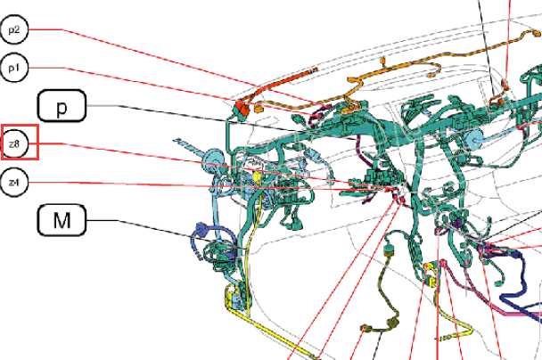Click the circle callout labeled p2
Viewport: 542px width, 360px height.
pos(14,29)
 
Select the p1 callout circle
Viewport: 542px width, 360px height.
pos(14,68)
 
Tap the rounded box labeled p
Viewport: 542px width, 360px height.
pos(62,106)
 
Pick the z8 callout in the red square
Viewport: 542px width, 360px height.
pos(14,143)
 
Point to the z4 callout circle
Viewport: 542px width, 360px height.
pos(14,182)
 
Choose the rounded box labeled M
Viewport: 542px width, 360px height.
pos(62,220)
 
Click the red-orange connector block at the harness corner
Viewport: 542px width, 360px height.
pos(243,108)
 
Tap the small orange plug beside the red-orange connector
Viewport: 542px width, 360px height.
pos(259,109)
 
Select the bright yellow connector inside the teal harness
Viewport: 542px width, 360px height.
pos(258,176)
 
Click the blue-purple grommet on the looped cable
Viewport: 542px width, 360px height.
pos(201,228)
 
